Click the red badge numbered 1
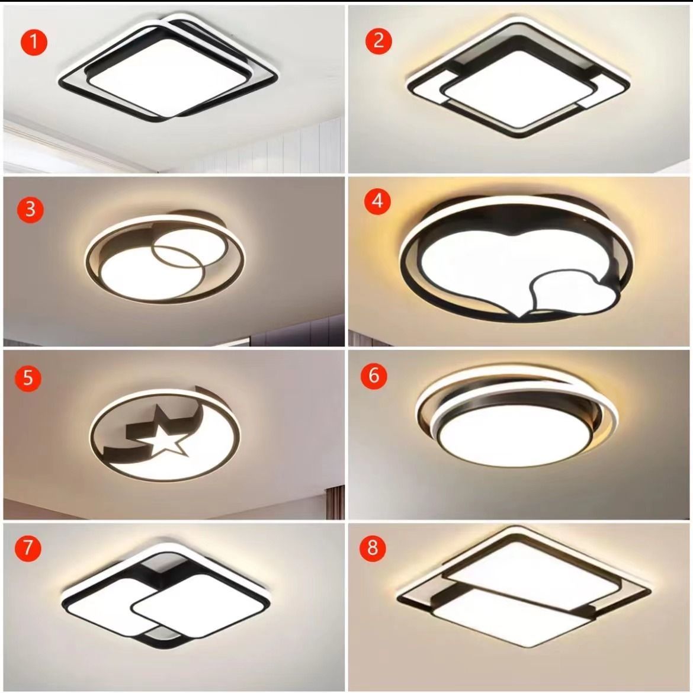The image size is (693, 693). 34,42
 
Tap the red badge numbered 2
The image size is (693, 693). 378,41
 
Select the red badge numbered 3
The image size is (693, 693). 30,209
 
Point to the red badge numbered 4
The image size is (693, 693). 377,201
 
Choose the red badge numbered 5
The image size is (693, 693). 28,378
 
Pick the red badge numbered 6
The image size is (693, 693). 374,376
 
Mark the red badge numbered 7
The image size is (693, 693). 28,548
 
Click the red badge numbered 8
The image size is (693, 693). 373,548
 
